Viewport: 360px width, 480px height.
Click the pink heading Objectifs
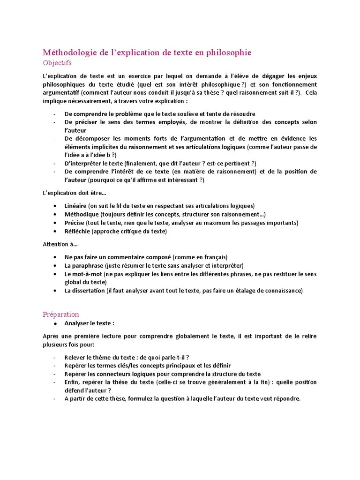click(x=57, y=62)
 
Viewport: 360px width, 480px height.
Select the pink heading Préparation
click(x=61, y=314)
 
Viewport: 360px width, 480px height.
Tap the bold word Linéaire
click(x=75, y=206)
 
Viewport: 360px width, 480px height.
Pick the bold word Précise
click(x=75, y=223)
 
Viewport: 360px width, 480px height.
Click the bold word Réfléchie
click(x=77, y=231)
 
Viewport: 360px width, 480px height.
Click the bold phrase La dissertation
click(x=85, y=291)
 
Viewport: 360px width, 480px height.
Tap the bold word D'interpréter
click(x=82, y=163)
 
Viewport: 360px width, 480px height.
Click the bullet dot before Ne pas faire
click(x=55, y=257)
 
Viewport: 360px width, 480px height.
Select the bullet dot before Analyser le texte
click(x=55, y=323)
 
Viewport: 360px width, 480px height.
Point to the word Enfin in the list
click(x=73, y=382)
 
